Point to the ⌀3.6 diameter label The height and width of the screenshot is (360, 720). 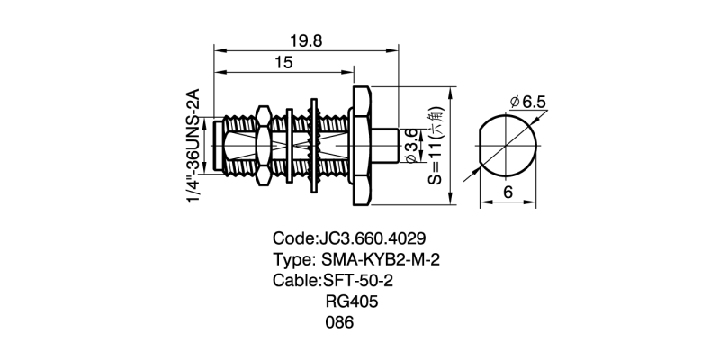pos(411,145)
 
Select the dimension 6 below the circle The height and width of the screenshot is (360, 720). pos(509,192)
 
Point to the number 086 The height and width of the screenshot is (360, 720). pos(340,322)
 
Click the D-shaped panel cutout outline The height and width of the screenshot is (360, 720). pos(509,145)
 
